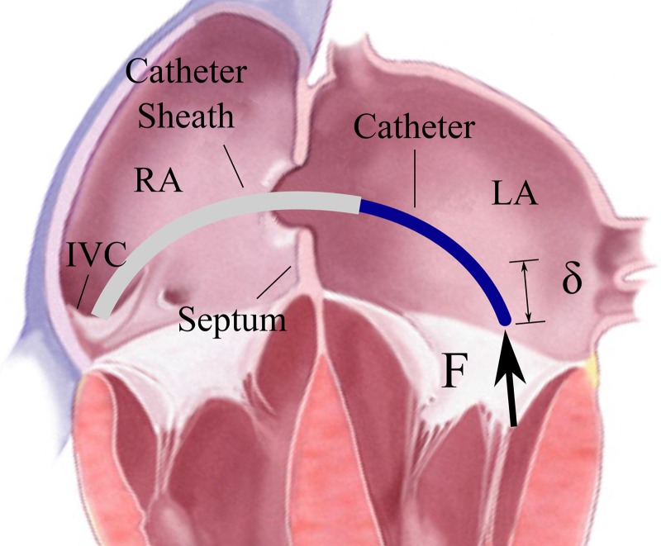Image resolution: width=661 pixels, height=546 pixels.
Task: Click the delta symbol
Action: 572,281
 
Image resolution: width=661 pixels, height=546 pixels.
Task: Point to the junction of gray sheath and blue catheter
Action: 360,201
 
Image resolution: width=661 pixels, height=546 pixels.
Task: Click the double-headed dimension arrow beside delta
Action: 525,292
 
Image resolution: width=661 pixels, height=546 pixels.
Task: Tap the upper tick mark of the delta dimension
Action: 523,262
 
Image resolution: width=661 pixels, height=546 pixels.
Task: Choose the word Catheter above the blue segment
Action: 414,127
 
